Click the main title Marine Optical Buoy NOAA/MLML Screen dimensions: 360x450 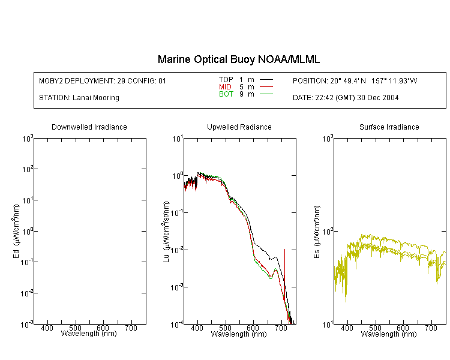pos(239,59)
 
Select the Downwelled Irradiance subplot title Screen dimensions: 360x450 pos(89,127)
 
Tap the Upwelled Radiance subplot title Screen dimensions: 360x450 pos(239,127)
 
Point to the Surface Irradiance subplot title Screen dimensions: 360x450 pos(389,127)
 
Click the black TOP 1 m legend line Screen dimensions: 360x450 pos(266,80)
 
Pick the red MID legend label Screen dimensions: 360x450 pos(226,87)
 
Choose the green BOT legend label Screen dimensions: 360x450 pos(226,94)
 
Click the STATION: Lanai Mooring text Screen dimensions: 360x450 pos(79,98)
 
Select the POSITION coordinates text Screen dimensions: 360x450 pos(355,80)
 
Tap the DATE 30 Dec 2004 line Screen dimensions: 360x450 pos(346,98)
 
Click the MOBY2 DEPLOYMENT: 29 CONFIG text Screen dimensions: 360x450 pos(103,80)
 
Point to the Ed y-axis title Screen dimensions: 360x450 pos(16,231)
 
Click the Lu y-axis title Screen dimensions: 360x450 pos(166,231)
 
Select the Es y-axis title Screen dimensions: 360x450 pos(316,231)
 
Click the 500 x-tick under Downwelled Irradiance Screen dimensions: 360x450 pos(76,328)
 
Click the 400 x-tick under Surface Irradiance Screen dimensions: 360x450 pos(347,328)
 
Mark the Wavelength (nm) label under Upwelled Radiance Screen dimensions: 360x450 pos(239,334)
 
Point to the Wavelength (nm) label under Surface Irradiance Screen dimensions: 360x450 pos(389,334)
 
